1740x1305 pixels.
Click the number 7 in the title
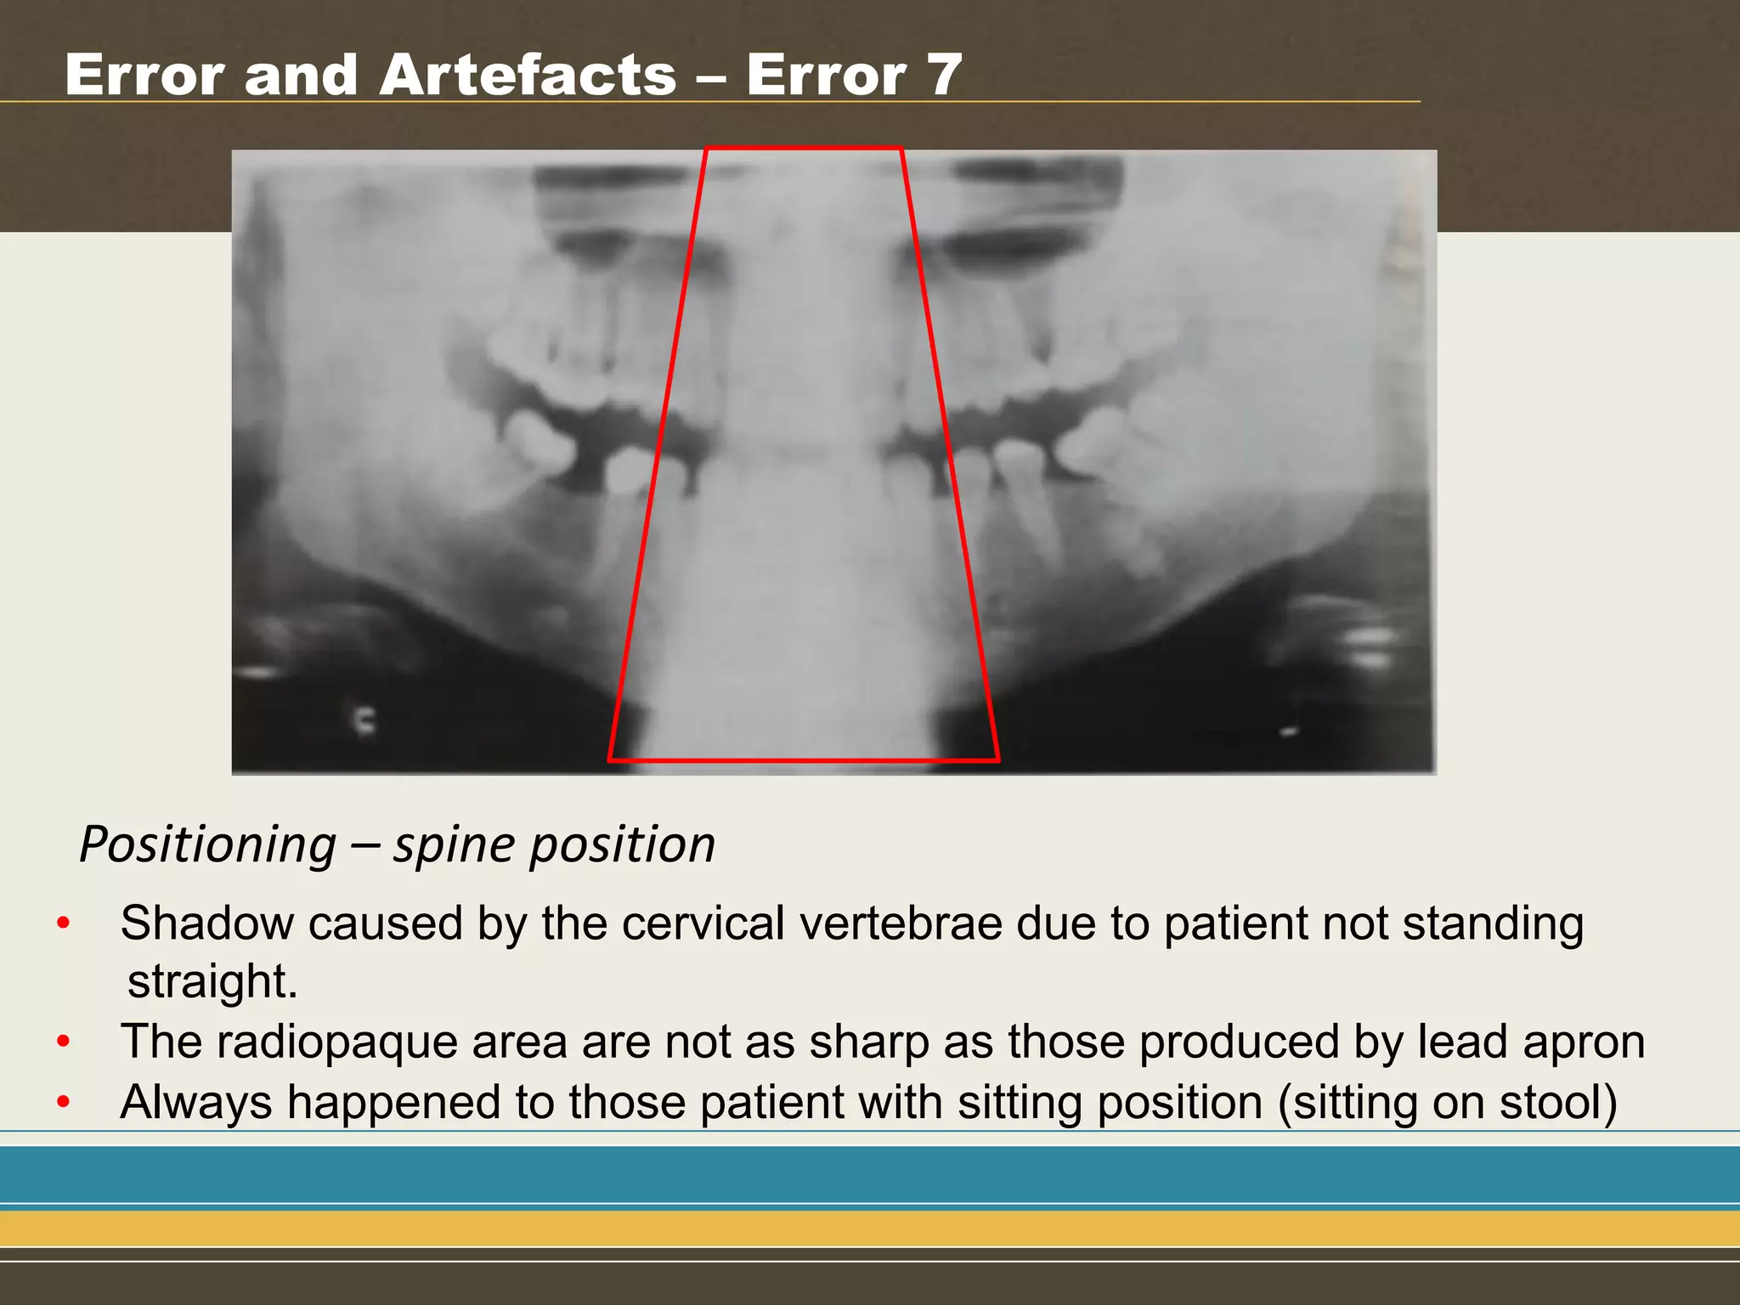tap(941, 75)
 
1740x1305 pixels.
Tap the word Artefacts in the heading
tap(528, 75)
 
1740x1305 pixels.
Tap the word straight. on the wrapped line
tap(212, 982)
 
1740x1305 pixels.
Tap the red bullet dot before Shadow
tap(63, 924)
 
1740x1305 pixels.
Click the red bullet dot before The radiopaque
tap(63, 1042)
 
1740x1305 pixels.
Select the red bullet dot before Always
tap(63, 1103)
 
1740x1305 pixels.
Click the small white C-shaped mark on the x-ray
tap(364, 720)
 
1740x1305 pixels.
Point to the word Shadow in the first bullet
tap(206, 924)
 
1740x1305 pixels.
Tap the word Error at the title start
tap(144, 75)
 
